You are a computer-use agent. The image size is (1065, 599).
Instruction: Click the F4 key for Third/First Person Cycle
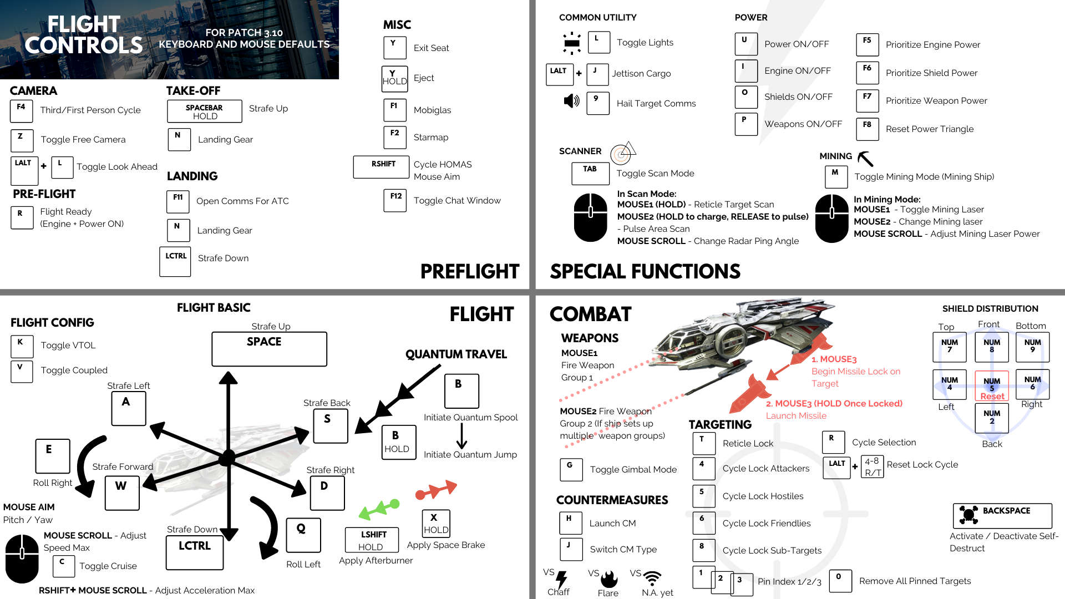[22, 111]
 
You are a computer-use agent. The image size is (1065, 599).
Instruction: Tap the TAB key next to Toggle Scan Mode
[590, 173]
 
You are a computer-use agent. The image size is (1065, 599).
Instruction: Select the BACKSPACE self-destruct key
[1002, 515]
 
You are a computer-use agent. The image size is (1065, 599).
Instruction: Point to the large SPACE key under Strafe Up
[269, 349]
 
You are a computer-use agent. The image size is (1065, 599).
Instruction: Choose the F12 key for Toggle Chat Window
[395, 200]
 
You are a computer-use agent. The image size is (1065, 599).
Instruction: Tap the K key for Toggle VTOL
[22, 346]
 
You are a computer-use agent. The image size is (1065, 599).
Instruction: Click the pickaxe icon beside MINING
[865, 159]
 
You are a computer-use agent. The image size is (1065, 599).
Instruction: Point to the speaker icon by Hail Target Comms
[571, 101]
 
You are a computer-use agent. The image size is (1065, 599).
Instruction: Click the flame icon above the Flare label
[609, 579]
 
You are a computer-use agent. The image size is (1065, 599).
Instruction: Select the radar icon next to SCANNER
[622, 153]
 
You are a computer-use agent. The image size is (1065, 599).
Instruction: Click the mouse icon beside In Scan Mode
[591, 217]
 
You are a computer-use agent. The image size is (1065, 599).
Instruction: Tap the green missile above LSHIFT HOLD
[379, 508]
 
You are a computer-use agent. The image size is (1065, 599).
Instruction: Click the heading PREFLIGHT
[469, 271]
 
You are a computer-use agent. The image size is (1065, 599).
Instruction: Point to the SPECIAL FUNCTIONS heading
[645, 271]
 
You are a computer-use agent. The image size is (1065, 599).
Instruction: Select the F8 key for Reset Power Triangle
[867, 129]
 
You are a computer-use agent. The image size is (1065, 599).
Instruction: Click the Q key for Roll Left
[303, 535]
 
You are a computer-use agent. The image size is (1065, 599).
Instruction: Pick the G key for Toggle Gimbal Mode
[571, 469]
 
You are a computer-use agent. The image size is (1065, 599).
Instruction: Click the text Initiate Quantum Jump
[470, 454]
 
